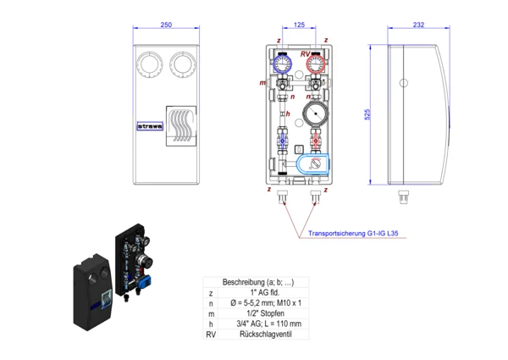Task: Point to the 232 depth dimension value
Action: coord(418,25)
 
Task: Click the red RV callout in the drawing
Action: coord(305,53)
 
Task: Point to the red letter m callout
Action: coord(263,83)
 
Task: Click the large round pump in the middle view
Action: coord(316,114)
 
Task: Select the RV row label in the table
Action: coord(211,335)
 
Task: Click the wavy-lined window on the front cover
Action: coord(179,127)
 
